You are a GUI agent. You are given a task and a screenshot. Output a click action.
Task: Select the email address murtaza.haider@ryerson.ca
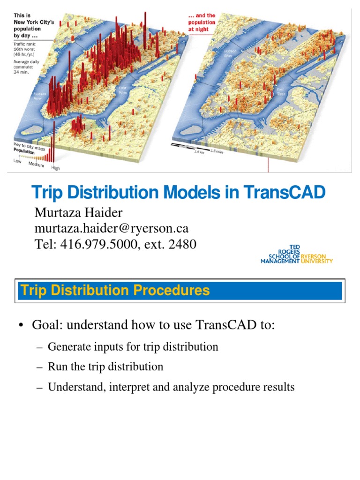(112, 228)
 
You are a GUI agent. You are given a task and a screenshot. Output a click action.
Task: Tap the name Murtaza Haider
(79, 213)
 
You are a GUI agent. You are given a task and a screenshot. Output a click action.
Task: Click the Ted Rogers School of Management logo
(297, 255)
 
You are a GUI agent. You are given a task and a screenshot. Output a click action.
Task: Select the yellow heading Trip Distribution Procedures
(115, 291)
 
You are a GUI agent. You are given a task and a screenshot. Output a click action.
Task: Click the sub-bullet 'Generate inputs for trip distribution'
(133, 347)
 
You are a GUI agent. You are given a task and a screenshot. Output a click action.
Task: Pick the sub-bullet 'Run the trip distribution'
(105, 367)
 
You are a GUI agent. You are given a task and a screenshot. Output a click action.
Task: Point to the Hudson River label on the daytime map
(39, 96)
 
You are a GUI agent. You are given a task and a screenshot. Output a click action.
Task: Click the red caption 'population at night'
(202, 25)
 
